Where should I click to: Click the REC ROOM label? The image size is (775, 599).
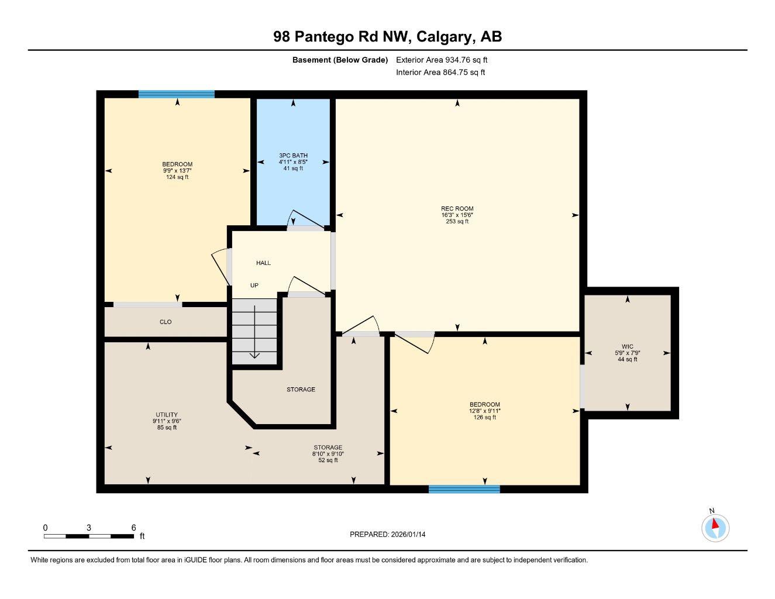[457, 209]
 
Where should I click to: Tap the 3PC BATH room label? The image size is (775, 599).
[293, 156]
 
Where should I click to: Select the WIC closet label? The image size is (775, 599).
[627, 346]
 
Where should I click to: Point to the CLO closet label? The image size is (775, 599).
[166, 322]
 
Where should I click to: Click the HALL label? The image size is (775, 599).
[263, 263]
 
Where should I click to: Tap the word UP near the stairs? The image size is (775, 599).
[254, 285]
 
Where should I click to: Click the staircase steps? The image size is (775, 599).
[254, 331]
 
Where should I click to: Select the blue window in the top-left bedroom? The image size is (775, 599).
[176, 94]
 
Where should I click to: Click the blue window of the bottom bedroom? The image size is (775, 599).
[464, 489]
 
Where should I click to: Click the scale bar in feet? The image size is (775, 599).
[88, 535]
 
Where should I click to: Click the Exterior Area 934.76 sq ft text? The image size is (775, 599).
[442, 60]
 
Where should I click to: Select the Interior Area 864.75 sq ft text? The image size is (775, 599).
[440, 73]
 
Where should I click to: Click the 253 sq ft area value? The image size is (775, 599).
[457, 222]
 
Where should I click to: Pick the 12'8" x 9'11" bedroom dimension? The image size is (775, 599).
[484, 411]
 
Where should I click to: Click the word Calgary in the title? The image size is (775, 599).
[445, 37]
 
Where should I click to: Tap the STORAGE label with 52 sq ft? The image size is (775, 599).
[328, 447]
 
